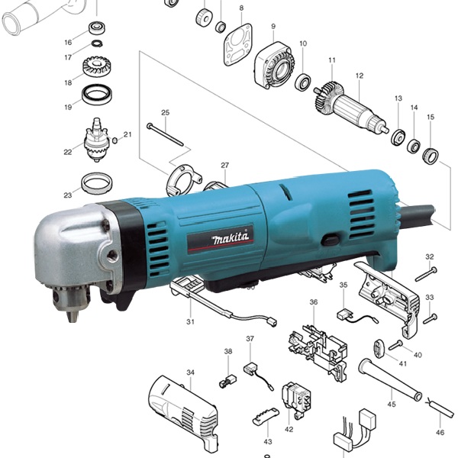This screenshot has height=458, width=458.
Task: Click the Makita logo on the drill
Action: (x=231, y=238)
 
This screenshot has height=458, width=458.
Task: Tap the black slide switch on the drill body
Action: (x=330, y=240)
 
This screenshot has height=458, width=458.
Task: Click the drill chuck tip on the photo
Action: (x=73, y=316)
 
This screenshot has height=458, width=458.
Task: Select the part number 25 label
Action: (x=166, y=112)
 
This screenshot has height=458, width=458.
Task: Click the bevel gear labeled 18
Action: (x=97, y=67)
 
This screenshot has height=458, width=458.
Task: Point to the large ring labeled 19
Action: (x=97, y=95)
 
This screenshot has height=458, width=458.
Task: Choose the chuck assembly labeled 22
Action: (x=96, y=140)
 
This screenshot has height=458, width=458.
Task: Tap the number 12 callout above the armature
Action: (x=360, y=76)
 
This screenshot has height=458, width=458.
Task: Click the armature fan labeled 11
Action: (x=329, y=98)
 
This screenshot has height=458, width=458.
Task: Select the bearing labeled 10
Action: (x=302, y=82)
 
